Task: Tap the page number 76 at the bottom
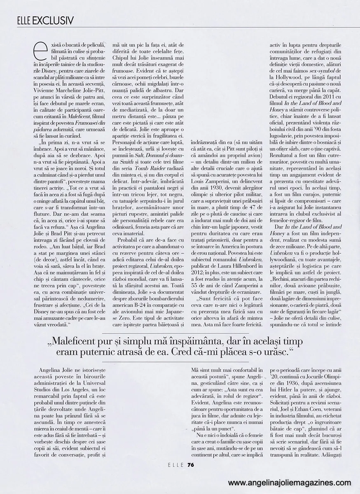point(190,465)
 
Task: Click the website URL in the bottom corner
point(290,482)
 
